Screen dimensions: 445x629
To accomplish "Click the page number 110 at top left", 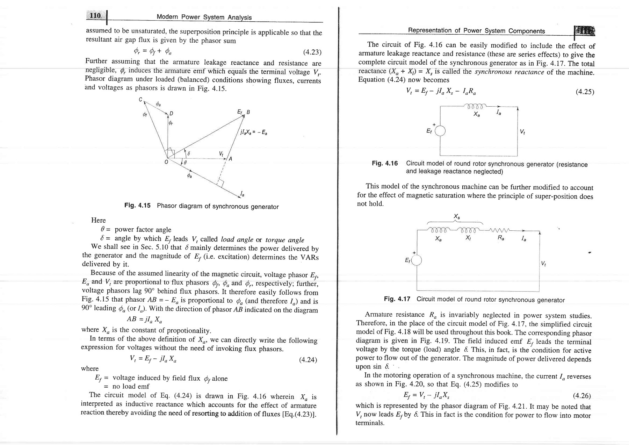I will (95, 16).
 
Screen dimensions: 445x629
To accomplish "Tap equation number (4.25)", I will (585, 92).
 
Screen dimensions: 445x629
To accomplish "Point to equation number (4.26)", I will (582, 396).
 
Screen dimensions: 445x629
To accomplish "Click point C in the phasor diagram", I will (140, 99).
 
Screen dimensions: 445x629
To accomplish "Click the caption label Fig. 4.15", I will (137, 206).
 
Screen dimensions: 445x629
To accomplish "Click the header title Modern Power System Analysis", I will (204, 17).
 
